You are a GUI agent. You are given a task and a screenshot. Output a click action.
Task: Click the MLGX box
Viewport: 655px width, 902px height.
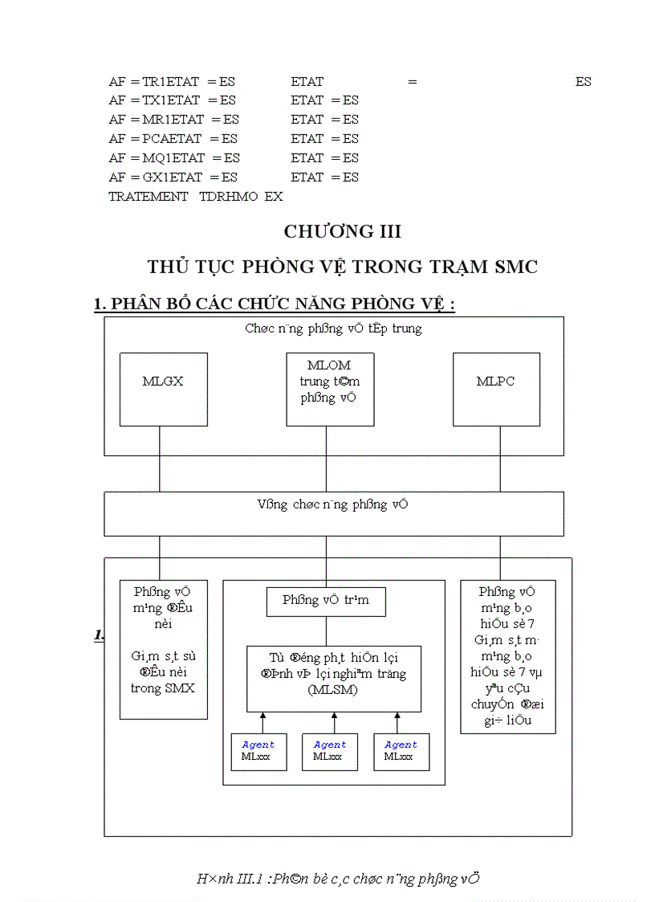163,389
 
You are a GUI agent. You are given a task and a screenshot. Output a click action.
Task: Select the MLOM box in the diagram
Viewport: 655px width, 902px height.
330,389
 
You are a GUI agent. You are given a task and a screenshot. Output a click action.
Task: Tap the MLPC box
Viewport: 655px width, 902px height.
495,389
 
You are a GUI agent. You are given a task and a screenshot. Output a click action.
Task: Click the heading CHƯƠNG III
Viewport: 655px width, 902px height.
343,232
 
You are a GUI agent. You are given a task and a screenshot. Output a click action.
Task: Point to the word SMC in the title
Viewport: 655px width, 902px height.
511,267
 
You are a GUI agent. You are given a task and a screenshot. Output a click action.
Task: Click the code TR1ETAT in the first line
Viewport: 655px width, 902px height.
172,82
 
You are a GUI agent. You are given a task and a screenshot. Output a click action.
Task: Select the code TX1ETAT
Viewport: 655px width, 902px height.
172,101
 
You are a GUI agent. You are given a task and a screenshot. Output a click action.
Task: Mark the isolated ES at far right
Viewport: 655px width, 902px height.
584,82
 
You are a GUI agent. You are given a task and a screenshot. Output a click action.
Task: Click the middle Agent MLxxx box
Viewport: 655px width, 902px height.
330,752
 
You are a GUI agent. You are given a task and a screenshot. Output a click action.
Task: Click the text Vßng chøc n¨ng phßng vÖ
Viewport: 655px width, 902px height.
332,504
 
